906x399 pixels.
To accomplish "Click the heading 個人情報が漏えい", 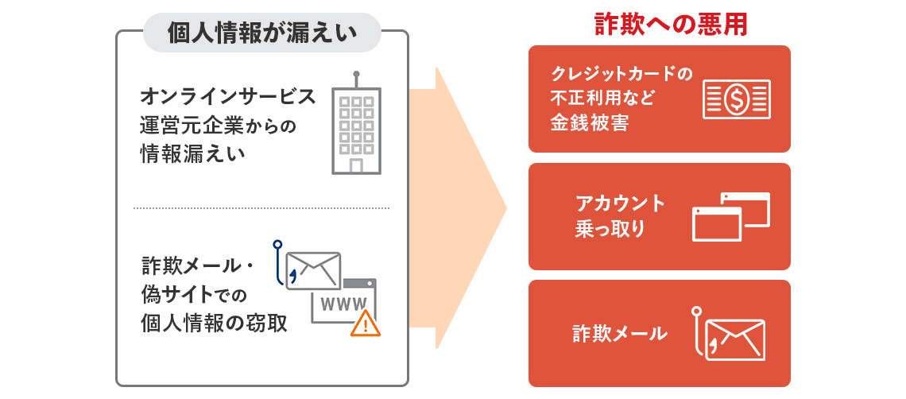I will [261, 33].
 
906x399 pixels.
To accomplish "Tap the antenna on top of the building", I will [356, 73].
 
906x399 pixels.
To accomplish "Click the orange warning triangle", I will [365, 323].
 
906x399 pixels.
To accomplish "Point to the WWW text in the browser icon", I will [343, 303].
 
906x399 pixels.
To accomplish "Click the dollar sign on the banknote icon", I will [736, 99].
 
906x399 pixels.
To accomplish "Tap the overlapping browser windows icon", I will [730, 216].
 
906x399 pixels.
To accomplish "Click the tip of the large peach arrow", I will [505, 209].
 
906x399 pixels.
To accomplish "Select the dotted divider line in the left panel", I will [261, 208].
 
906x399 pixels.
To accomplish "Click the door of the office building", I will [356, 165].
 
